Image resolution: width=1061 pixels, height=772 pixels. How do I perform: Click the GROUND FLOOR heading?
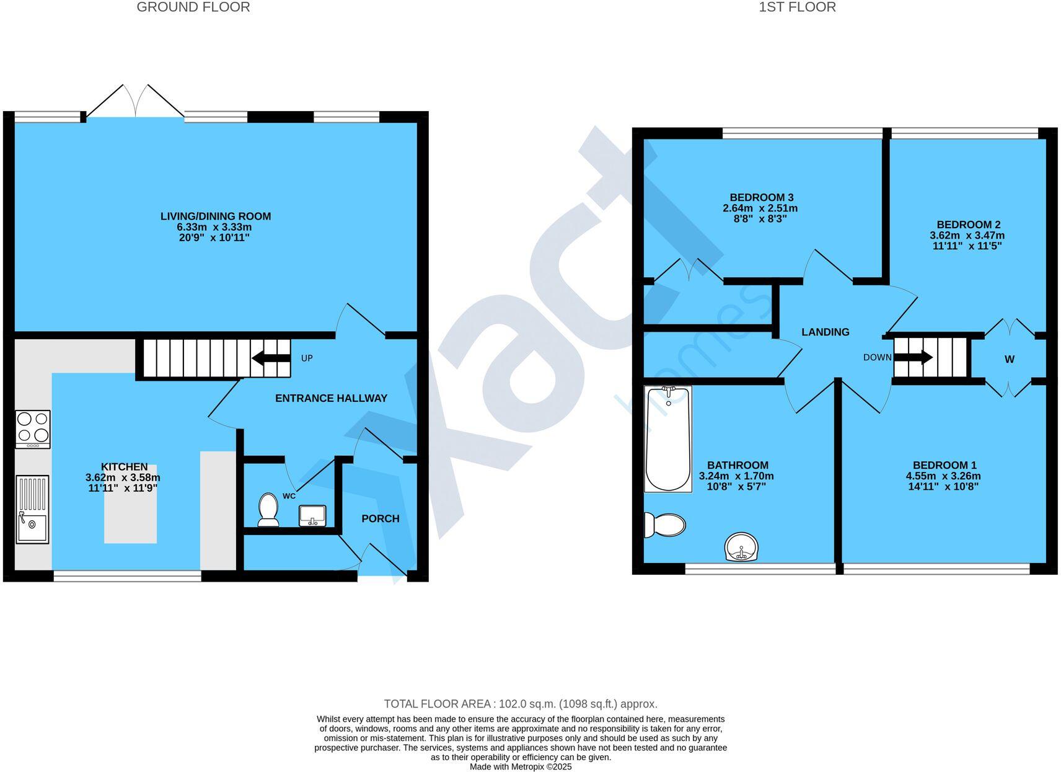point(193,7)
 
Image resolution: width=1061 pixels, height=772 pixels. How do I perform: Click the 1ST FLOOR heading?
point(797,7)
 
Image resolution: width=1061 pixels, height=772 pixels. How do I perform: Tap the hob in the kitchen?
point(33,428)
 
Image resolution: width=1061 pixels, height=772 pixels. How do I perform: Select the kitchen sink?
point(32,509)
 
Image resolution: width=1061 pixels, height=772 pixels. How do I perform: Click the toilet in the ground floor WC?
point(268,509)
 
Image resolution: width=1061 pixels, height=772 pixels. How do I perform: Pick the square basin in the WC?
point(312,515)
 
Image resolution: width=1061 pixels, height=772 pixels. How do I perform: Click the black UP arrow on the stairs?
point(271,358)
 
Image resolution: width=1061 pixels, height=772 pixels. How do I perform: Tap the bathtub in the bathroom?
point(667,438)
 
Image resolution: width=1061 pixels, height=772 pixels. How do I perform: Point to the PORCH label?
point(380,518)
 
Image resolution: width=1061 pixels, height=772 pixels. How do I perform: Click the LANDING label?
point(825,332)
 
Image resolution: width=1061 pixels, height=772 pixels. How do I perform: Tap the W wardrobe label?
point(1009,360)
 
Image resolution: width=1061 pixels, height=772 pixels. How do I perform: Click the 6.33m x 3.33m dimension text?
point(214,227)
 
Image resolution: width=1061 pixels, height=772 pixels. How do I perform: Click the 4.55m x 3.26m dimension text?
point(944,476)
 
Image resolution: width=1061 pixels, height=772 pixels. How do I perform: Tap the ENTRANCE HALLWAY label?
point(331,398)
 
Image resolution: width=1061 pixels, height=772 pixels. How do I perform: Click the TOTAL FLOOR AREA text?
point(521,704)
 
